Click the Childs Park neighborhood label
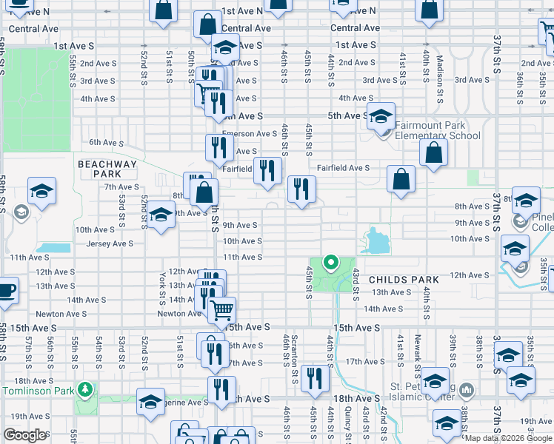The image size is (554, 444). click(404, 280)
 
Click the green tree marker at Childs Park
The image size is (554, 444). click(331, 261)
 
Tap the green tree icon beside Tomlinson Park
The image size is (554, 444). click(86, 388)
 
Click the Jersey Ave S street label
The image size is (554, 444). click(110, 243)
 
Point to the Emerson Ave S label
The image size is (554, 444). click(249, 134)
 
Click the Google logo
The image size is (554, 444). click(24, 435)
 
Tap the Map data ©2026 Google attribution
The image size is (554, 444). click(508, 438)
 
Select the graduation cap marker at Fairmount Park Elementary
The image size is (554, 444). click(381, 117)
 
